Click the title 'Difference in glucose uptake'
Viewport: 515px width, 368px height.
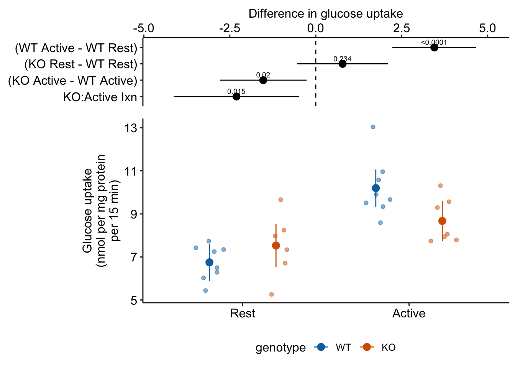coord(325,14)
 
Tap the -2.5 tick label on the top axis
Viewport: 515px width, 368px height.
coord(230,28)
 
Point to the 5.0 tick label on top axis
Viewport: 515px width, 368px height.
coord(487,28)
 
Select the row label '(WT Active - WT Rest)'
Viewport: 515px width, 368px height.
coord(76,48)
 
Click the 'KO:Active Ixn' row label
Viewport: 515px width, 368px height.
coord(100,97)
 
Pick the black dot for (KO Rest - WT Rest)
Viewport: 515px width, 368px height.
coord(343,64)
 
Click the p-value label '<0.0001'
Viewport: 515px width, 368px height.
coord(434,43)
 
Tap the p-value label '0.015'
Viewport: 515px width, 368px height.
coord(236,92)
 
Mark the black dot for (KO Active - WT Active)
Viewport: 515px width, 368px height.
coord(263,80)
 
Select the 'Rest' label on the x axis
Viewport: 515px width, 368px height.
coord(243,314)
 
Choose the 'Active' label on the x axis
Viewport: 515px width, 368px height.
coord(409,314)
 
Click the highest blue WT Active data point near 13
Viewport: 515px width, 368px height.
coord(373,127)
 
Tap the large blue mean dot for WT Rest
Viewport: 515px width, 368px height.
coord(209,262)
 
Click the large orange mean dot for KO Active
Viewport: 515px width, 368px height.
coord(442,221)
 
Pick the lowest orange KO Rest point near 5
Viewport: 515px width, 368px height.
coord(271,294)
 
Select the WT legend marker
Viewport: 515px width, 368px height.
coord(321,347)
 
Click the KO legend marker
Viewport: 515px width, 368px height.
coord(367,347)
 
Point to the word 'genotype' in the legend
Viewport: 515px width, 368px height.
coord(280,348)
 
